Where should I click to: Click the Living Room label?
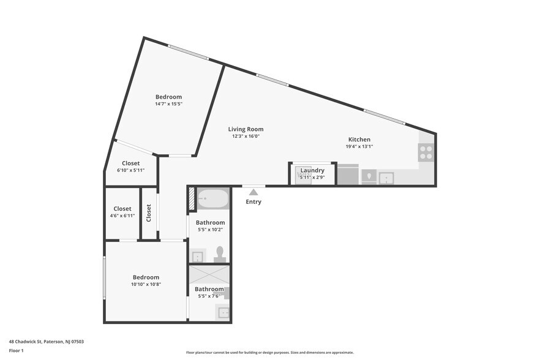point(246,129)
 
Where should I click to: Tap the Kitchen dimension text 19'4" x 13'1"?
point(359,146)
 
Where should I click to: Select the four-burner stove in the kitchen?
point(426,152)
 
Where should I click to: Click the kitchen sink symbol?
point(386,178)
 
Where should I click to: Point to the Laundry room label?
point(312,170)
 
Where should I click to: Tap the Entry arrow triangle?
point(253,192)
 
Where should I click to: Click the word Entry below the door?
point(253,202)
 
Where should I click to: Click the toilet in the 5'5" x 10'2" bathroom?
point(220,255)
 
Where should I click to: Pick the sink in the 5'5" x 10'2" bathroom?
point(198,256)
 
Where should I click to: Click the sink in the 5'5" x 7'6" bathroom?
point(223,313)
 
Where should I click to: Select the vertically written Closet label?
point(149,213)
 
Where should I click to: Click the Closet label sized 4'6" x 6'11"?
point(122,209)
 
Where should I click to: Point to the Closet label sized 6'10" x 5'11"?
point(130,163)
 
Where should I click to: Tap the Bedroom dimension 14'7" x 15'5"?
point(168,104)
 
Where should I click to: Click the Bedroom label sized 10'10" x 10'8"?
point(146,277)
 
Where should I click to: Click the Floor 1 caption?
point(17,351)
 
